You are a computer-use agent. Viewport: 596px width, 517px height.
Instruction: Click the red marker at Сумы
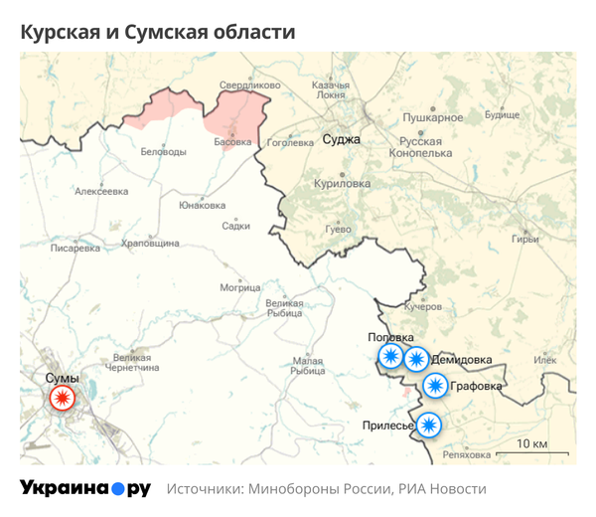[63, 400]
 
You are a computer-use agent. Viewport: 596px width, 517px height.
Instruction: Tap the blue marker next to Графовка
[434, 386]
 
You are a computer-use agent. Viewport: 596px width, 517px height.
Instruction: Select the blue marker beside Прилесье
[428, 425]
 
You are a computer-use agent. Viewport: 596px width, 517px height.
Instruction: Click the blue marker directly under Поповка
[390, 358]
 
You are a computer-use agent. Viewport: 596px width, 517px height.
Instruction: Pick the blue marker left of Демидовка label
[416, 359]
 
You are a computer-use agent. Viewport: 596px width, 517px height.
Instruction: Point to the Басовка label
[233, 142]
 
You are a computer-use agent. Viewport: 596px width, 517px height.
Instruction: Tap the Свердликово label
[243, 86]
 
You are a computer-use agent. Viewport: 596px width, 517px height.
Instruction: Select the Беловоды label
[164, 151]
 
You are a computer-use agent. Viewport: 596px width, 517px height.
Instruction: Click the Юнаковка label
[202, 206]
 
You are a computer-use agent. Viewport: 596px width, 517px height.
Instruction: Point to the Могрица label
[239, 288]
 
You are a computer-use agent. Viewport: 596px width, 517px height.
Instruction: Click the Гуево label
[338, 230]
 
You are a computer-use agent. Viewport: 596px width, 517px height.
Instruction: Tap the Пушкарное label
[433, 118]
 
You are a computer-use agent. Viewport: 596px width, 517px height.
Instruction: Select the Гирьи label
[524, 239]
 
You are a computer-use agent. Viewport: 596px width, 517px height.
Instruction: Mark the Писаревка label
[75, 249]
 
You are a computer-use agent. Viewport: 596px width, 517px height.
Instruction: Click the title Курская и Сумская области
[158, 33]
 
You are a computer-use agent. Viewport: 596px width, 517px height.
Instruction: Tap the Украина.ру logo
[84, 488]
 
